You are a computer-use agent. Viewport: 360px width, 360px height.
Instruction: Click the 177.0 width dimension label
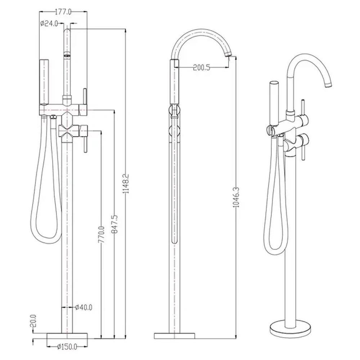pyautogui.click(x=63, y=12)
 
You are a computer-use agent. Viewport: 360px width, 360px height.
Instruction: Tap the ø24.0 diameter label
pyautogui.click(x=49, y=23)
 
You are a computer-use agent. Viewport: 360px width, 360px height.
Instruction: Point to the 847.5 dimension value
pyautogui.click(x=114, y=224)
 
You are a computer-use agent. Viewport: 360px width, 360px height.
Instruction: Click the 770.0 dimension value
pyautogui.click(x=101, y=234)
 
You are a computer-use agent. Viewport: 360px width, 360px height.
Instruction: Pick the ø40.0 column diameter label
pyautogui.click(x=84, y=307)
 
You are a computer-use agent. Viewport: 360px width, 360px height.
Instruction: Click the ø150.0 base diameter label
pyautogui.click(x=67, y=346)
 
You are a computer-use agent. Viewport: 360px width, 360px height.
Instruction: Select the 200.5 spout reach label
pyautogui.click(x=201, y=68)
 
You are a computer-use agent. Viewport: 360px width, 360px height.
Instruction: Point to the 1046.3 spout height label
pyautogui.click(x=236, y=197)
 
